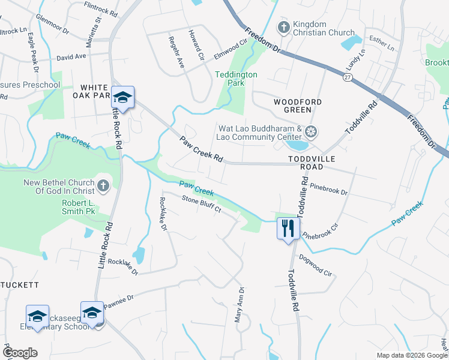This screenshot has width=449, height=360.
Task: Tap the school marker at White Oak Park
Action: (x=122, y=97)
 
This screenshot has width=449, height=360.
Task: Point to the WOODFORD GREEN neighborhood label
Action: (x=293, y=106)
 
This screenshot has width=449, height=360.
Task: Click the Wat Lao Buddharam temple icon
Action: (x=311, y=131)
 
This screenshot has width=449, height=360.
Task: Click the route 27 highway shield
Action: (x=348, y=77)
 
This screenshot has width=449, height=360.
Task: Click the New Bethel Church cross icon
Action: (x=103, y=186)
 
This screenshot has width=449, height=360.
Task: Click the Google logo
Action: (x=20, y=353)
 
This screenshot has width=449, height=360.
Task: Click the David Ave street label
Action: (x=71, y=58)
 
